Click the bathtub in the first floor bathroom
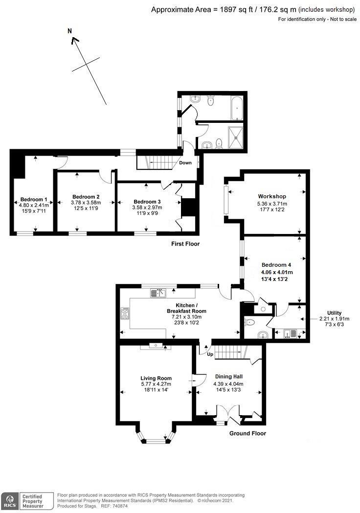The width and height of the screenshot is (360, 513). click(x=236, y=108)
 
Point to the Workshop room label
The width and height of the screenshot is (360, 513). click(x=272, y=196)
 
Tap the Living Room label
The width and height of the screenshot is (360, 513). click(x=156, y=378)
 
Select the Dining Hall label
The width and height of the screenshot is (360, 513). click(x=229, y=376)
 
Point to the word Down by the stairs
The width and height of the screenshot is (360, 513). click(x=185, y=163)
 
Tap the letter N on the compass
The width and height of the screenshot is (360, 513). click(x=70, y=31)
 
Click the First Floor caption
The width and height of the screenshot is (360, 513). click(x=185, y=244)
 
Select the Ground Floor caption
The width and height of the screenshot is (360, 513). click(x=247, y=433)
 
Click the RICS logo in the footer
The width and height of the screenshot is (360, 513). click(x=10, y=501)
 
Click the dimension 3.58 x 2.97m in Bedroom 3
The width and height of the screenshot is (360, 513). click(x=147, y=208)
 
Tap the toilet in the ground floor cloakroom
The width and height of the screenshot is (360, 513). click(x=249, y=322)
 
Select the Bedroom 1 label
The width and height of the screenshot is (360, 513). click(x=34, y=199)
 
